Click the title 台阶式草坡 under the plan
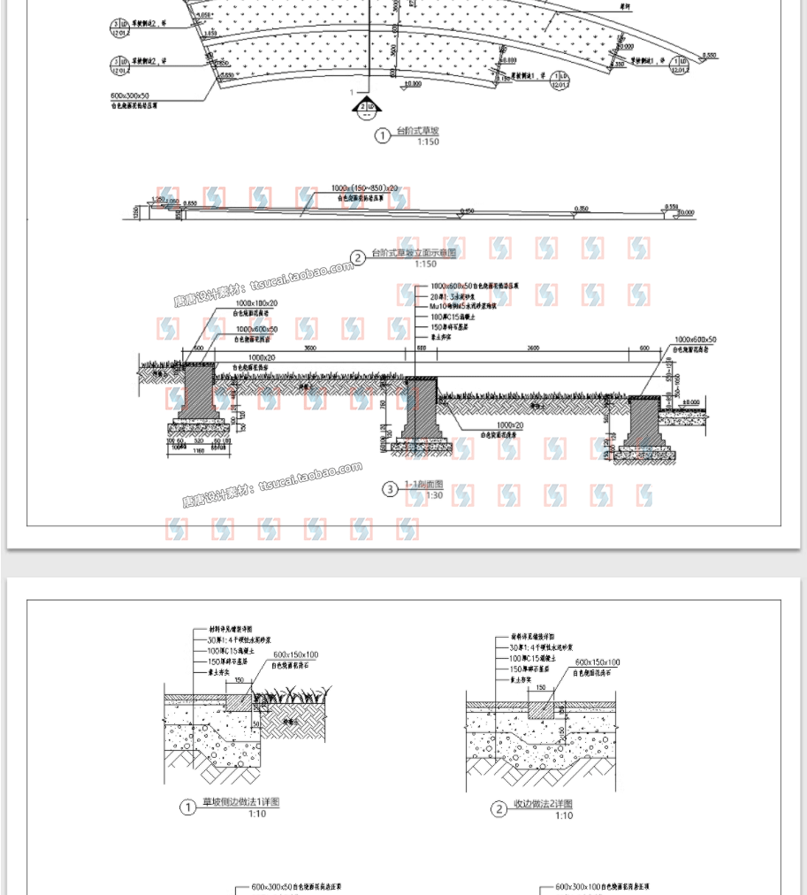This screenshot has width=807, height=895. click(417, 132)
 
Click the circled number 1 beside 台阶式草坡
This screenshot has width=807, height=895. click(382, 135)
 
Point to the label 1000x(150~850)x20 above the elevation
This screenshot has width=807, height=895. click(365, 188)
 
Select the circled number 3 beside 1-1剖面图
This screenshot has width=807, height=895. click(390, 488)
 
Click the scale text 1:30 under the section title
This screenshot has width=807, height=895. click(434, 495)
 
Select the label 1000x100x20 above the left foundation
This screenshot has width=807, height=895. click(256, 303)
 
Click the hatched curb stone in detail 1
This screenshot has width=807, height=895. click(239, 701)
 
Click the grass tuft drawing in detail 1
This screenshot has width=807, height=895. click(292, 696)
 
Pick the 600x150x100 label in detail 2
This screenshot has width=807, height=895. click(597, 662)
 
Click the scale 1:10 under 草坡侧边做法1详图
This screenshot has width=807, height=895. click(256, 814)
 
